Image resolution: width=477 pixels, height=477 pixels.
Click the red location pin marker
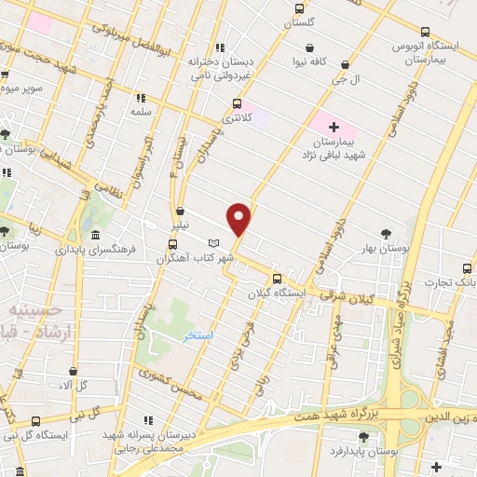click(x=239, y=218)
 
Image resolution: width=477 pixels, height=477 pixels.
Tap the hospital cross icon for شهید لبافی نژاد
click(x=334, y=126)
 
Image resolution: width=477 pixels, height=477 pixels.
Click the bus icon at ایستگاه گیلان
click(x=276, y=279)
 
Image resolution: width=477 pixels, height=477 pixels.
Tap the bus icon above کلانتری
click(x=237, y=104)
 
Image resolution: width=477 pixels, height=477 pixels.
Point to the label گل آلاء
click(x=73, y=385)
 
